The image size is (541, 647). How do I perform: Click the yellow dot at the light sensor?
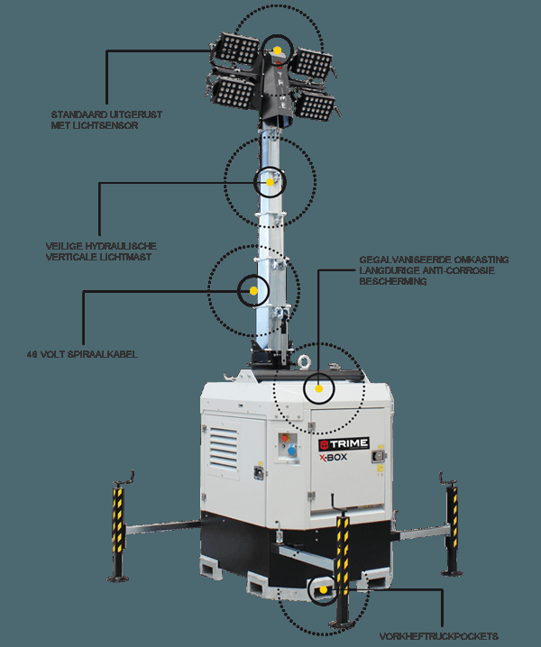[279, 50]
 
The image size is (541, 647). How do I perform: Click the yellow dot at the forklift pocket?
[323, 591]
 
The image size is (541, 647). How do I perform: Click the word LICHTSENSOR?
[108, 125]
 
